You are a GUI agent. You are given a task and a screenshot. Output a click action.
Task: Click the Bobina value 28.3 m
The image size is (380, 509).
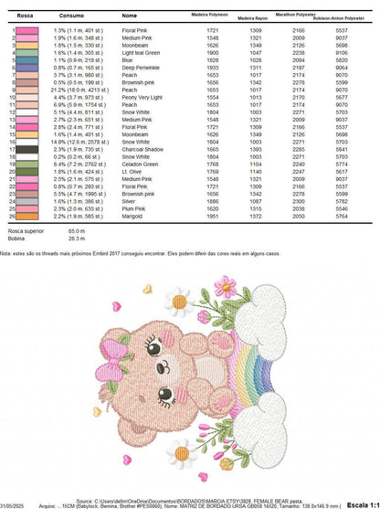pos(62,239)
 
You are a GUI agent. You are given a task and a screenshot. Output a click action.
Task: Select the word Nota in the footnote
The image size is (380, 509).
pos(5,255)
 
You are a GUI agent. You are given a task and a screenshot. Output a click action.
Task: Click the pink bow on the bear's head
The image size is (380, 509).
pos(119,367)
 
